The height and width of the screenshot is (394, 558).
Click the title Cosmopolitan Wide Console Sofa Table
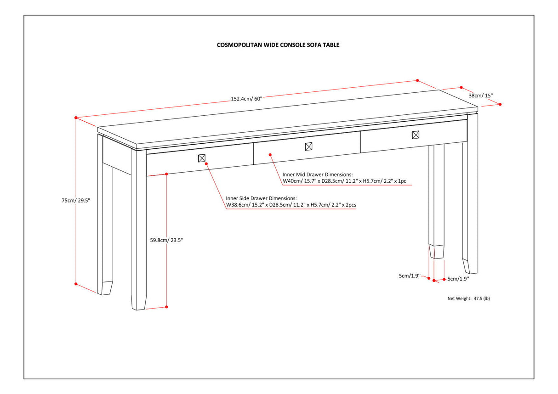point(278,45)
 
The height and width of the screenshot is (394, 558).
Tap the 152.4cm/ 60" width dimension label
point(246,99)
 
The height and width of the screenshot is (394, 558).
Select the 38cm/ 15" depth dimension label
point(480,96)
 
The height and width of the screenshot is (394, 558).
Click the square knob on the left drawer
point(201,158)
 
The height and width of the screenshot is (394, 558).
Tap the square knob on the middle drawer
point(309,146)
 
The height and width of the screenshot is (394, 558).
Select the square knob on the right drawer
point(416,135)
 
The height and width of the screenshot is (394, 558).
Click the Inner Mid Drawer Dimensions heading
point(318,174)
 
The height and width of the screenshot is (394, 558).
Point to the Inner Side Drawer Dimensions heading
point(261,198)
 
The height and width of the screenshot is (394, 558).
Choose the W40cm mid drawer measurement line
point(345,181)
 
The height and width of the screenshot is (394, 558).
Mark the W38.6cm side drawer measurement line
point(291,205)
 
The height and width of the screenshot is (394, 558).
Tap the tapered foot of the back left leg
point(106,288)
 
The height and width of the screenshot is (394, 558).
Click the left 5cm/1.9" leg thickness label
point(409,276)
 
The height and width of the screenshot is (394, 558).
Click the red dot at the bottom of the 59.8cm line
point(166,307)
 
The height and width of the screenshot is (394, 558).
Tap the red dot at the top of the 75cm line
point(76,118)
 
